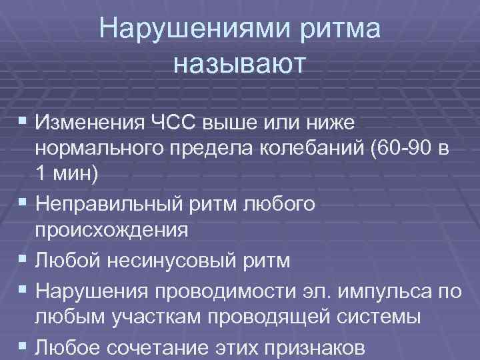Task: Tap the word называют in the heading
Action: [x=239, y=64]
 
